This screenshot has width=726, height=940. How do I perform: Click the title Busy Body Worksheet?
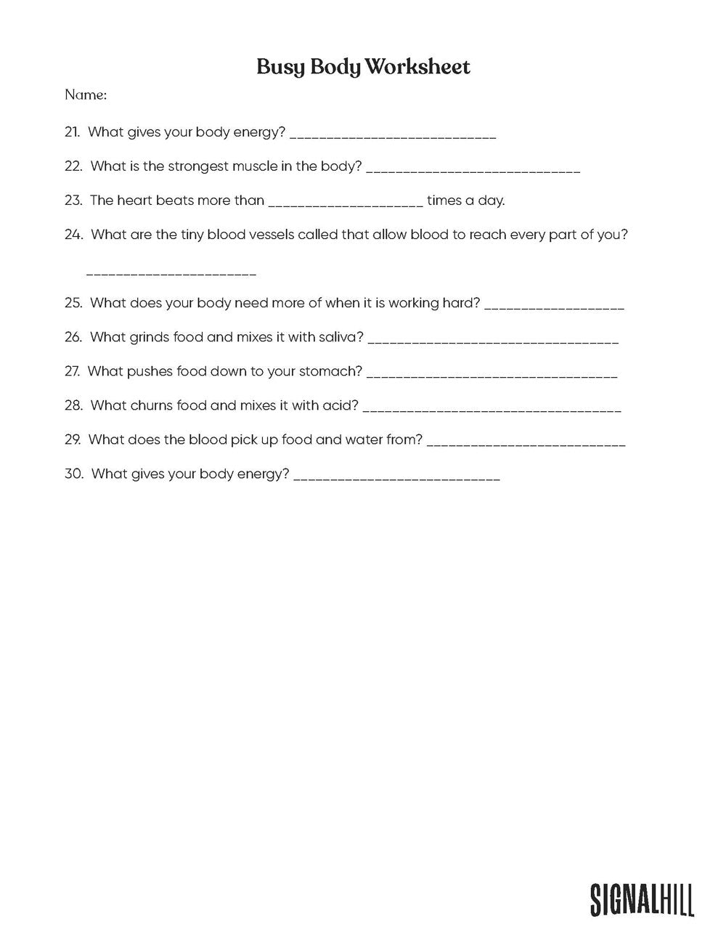pyautogui.click(x=363, y=67)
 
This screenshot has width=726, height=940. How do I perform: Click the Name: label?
pyautogui.click(x=86, y=94)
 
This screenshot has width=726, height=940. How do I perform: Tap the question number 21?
pyautogui.click(x=72, y=132)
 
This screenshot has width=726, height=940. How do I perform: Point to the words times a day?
pyautogui.click(x=465, y=200)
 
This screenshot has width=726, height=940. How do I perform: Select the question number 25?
pyautogui.click(x=73, y=303)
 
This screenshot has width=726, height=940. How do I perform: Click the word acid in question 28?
pyautogui.click(x=340, y=405)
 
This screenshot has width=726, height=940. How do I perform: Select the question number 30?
pyautogui.click(x=74, y=474)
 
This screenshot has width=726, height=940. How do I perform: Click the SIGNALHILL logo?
pyautogui.click(x=641, y=899)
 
